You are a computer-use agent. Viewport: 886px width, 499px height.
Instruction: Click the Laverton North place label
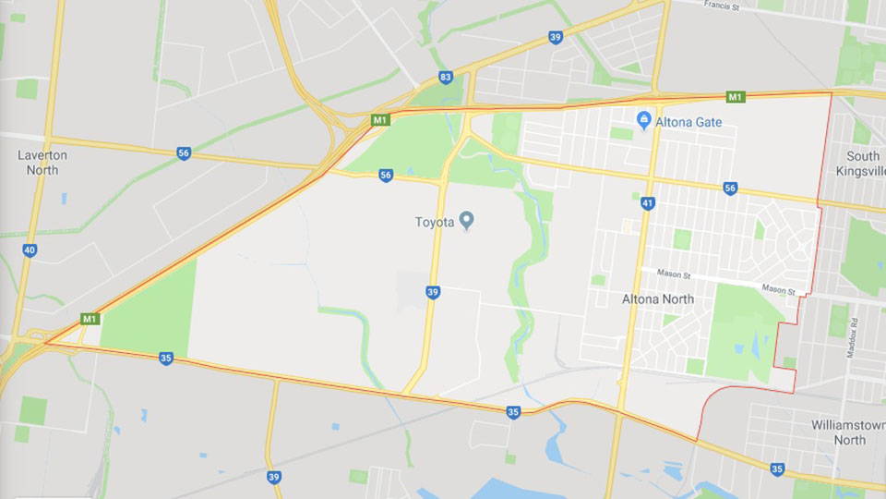(43, 163)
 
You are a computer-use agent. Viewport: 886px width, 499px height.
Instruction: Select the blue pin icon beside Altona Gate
(644, 120)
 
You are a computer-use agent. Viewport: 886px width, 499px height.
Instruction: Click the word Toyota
(434, 222)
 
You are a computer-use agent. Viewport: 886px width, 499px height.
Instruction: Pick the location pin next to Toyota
(467, 221)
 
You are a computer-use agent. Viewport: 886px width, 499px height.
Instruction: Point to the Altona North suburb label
(657, 299)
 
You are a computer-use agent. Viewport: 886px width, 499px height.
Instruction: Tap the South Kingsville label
(863, 164)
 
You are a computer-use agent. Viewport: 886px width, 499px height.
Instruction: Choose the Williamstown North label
(848, 432)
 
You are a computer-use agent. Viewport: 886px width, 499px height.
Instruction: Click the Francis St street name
(723, 5)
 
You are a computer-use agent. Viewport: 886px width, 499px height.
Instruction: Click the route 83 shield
(446, 77)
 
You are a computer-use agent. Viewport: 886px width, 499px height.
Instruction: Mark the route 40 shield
(30, 249)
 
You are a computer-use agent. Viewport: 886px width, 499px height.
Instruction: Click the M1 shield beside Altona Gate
(735, 97)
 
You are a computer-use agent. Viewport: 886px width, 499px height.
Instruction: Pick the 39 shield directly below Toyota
(433, 292)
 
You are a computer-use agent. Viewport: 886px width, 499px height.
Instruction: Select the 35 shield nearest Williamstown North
(777, 469)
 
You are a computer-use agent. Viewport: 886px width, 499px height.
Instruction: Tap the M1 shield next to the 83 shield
(380, 120)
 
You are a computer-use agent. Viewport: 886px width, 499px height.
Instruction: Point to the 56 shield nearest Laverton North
(184, 153)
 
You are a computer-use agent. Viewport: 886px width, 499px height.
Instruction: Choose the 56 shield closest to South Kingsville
(730, 189)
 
